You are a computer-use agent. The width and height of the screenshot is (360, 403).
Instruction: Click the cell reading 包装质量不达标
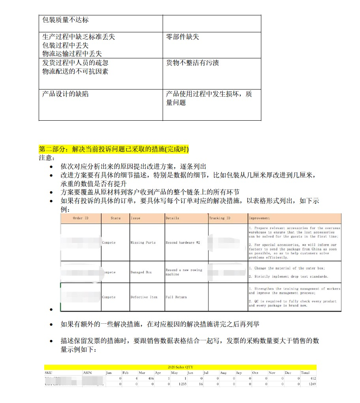[x=66, y=20]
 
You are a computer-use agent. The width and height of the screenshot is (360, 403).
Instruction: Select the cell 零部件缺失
[x=182, y=37]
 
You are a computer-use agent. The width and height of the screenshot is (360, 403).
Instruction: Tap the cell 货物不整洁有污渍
[x=192, y=63]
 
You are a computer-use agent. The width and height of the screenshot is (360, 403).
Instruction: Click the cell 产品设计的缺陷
[x=66, y=95]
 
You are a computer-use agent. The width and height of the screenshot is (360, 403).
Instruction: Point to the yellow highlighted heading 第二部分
[x=114, y=149]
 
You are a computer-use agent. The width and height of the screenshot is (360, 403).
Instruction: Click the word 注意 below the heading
[x=45, y=158]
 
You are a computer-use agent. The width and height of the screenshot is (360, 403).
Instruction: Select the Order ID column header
[x=81, y=218]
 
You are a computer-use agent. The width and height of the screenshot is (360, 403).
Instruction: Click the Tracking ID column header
[x=219, y=218]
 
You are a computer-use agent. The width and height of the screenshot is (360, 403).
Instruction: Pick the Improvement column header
[x=259, y=218]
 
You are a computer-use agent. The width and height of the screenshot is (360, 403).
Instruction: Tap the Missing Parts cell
[x=143, y=243]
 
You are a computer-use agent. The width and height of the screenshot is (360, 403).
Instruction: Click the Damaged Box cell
[x=141, y=272]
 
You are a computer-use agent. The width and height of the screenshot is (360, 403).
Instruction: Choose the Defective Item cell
[x=144, y=297]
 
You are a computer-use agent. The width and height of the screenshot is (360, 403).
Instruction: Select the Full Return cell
[x=176, y=297]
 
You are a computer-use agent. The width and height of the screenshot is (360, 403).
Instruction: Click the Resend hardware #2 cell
[x=183, y=243]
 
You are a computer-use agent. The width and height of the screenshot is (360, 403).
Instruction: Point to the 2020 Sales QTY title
[x=180, y=367]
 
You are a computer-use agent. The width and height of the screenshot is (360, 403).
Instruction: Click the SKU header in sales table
[x=49, y=373]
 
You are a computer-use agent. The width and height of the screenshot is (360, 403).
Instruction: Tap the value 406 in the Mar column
[x=151, y=378]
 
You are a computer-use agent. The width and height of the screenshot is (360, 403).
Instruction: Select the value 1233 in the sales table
[x=182, y=384]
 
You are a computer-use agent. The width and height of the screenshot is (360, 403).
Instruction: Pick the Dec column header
[x=288, y=373]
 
